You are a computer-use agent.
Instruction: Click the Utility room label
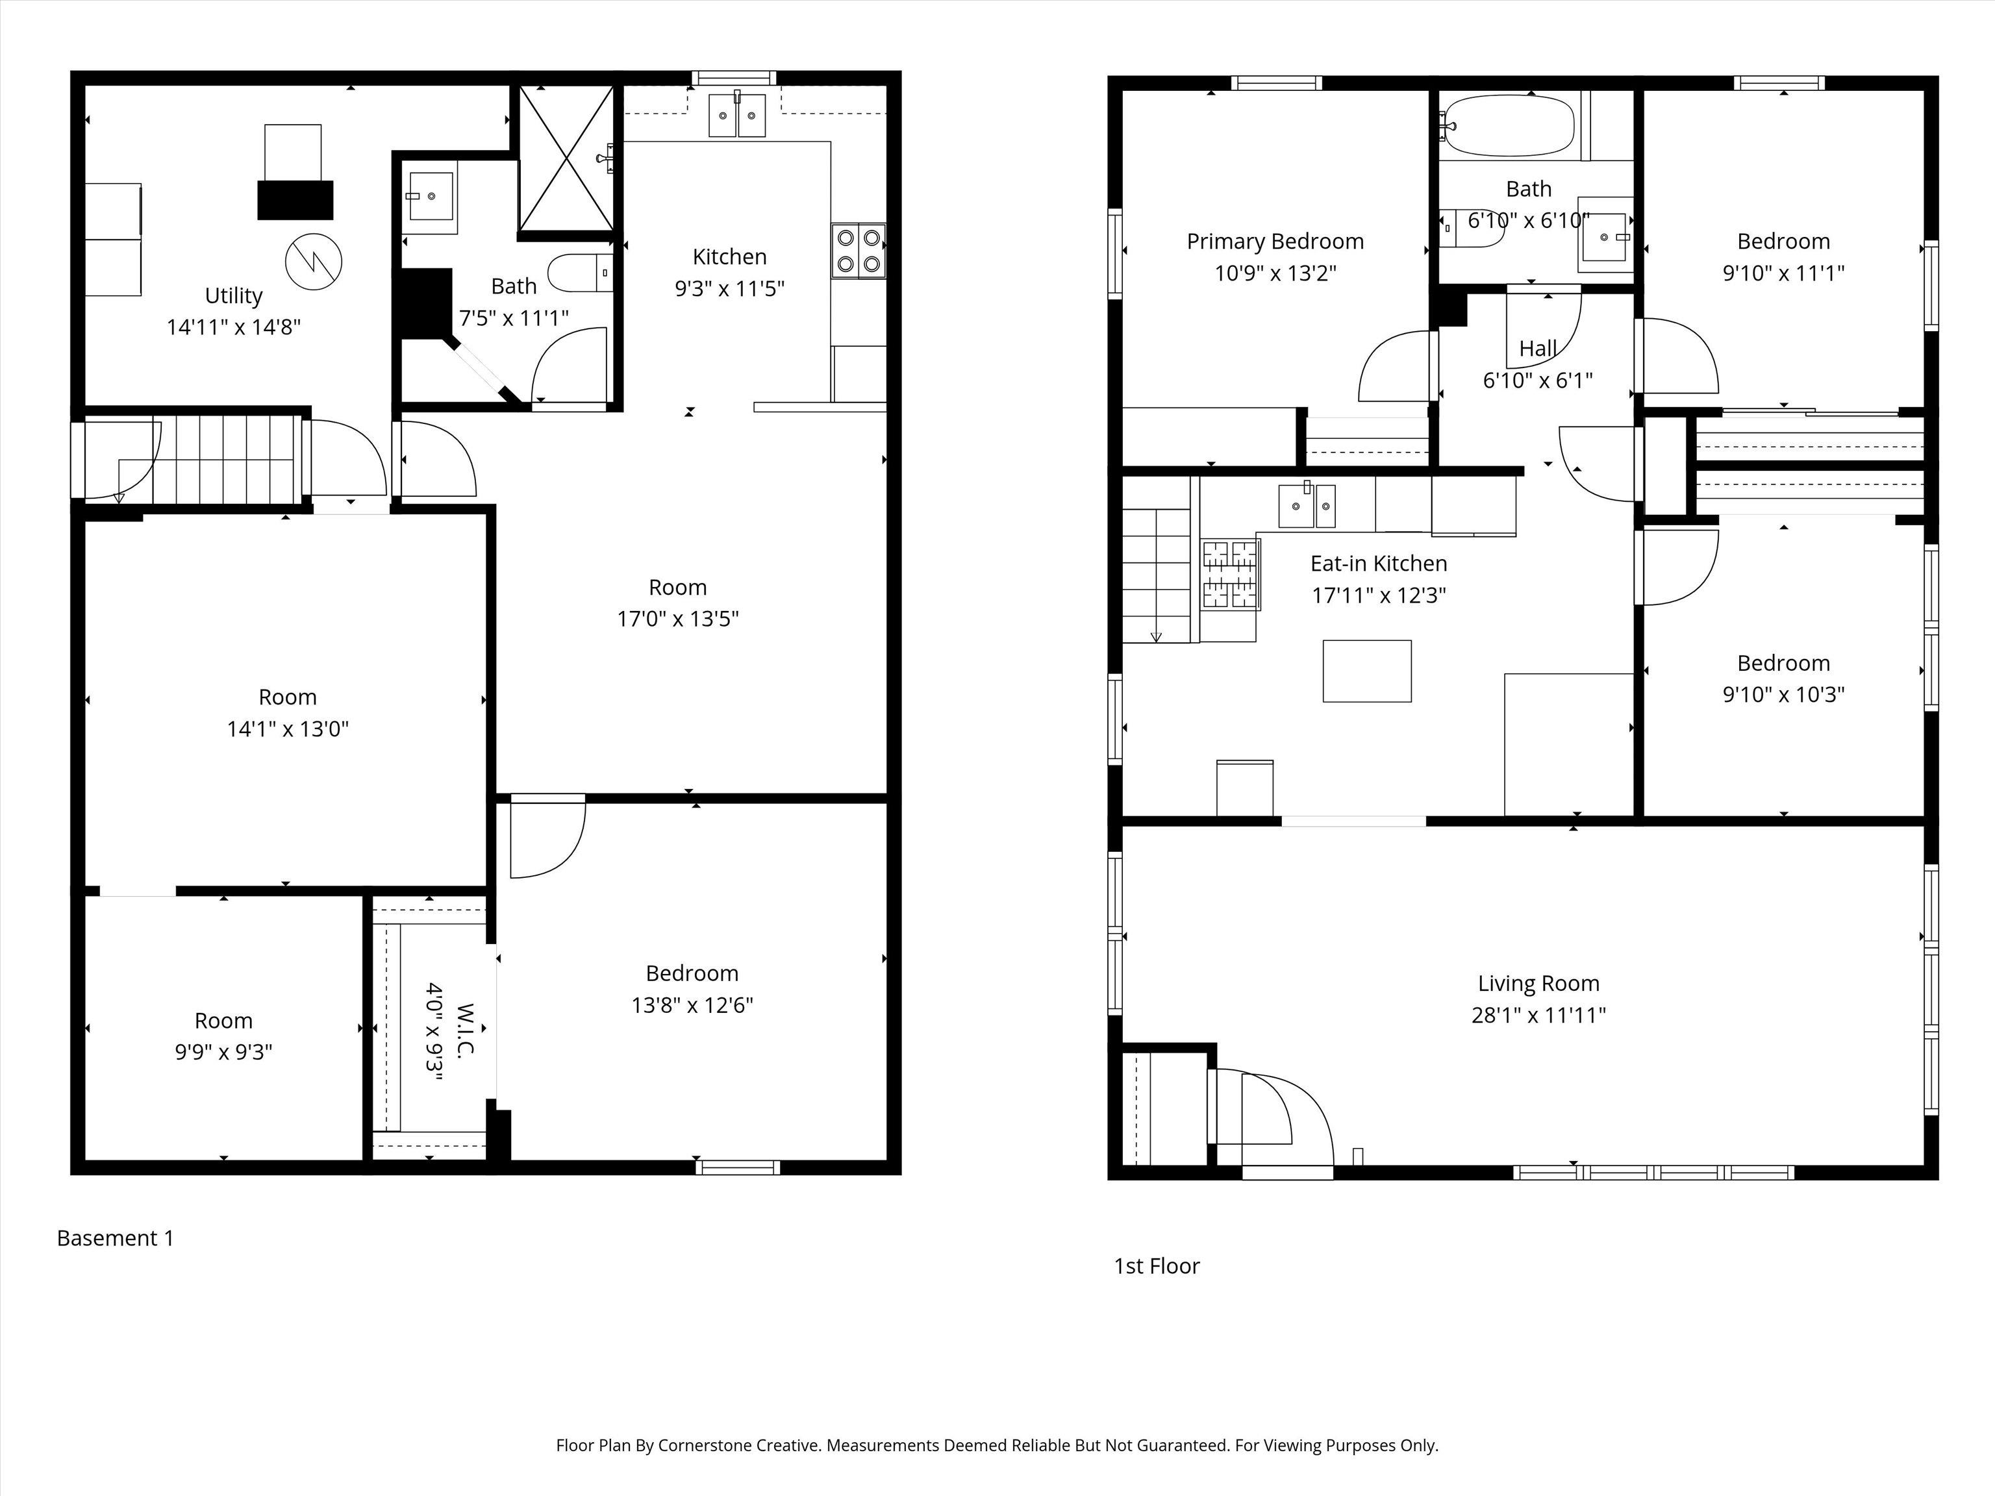pyautogui.click(x=234, y=296)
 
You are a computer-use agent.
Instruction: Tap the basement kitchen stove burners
pyautogui.click(x=859, y=251)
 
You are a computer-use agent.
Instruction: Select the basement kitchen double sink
pyautogui.click(x=737, y=114)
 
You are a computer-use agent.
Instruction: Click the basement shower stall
pyautogui.click(x=566, y=158)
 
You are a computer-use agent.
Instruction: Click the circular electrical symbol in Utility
pyautogui.click(x=314, y=262)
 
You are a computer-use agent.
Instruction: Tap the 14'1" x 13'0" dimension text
pyautogui.click(x=288, y=729)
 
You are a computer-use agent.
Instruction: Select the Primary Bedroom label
pyautogui.click(x=1275, y=242)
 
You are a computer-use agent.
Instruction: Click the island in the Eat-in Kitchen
pyautogui.click(x=1367, y=671)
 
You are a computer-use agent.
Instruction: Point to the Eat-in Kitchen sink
pyautogui.click(x=1307, y=505)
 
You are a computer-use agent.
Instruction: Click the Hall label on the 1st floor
pyautogui.click(x=1538, y=349)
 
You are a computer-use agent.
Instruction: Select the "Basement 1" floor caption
pyautogui.click(x=116, y=1238)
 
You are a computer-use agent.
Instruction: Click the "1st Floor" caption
pyautogui.click(x=1157, y=1266)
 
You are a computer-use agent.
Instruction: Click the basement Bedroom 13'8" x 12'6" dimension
pyautogui.click(x=693, y=1004)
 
